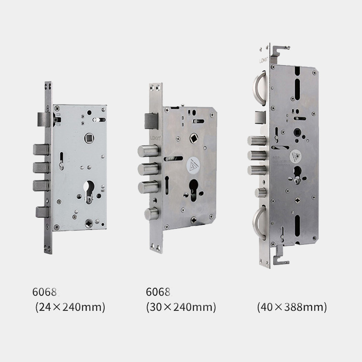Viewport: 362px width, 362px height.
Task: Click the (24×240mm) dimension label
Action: [x=70, y=307]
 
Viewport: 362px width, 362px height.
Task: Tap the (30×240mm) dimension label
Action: [x=181, y=307]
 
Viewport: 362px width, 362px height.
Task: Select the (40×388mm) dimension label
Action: [x=292, y=307]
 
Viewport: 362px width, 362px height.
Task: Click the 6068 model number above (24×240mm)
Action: [x=44, y=292]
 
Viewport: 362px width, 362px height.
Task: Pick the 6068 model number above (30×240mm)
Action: [x=158, y=292]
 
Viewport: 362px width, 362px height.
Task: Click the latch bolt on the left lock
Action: [x=43, y=119]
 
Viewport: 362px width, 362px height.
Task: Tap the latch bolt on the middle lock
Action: [x=151, y=121]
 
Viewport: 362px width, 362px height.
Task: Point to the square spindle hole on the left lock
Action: [x=89, y=138]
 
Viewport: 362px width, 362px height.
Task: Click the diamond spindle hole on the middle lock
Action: [x=194, y=139]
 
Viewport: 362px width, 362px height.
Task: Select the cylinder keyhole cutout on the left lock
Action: [x=89, y=191]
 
